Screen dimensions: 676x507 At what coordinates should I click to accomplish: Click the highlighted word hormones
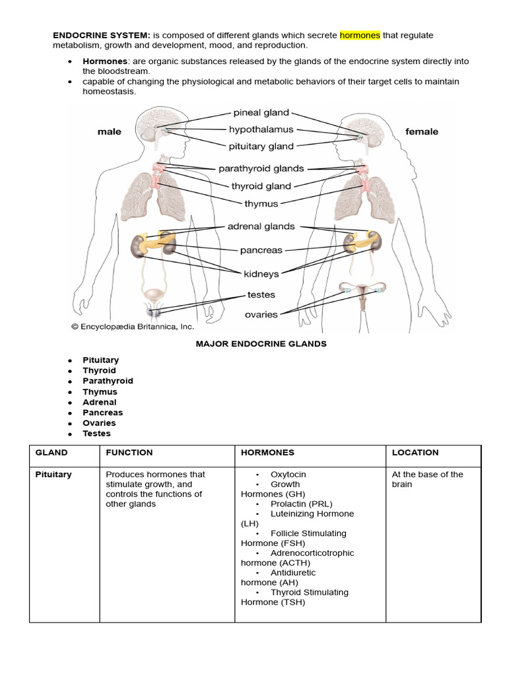tap(360, 35)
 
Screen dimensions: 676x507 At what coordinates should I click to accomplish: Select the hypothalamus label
tap(261, 129)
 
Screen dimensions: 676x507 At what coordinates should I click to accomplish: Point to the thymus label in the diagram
tap(261, 204)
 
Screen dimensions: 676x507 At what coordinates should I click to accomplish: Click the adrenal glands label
tap(261, 226)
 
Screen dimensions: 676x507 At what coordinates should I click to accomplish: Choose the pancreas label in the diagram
tap(261, 250)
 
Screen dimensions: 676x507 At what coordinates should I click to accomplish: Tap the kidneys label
tap(261, 273)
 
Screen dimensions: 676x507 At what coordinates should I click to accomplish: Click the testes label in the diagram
tap(261, 294)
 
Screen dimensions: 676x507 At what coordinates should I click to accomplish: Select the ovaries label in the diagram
tap(261, 314)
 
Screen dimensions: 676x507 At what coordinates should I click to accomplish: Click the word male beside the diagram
tap(109, 131)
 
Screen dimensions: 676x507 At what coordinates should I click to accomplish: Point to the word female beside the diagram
tap(421, 131)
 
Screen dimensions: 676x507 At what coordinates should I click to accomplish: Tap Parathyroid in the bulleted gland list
tap(108, 381)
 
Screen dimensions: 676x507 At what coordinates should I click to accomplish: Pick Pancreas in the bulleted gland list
tap(102, 413)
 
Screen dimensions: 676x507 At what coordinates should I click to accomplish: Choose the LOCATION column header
tap(415, 453)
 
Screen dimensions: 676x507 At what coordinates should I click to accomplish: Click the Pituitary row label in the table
tap(53, 475)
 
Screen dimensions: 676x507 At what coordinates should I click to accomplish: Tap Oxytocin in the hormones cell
tap(288, 475)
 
